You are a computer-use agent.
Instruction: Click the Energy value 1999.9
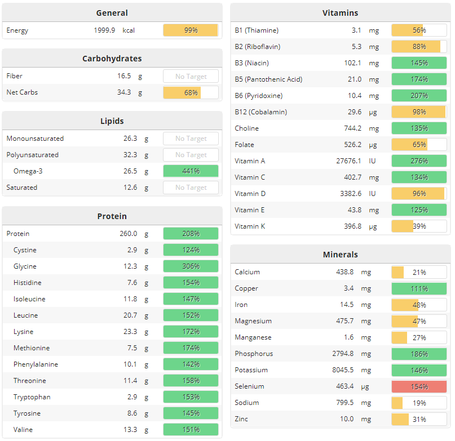coord(104,30)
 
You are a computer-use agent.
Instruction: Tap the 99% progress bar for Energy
coord(191,30)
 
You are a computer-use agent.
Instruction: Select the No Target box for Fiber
coord(191,77)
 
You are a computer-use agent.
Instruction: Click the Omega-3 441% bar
coord(191,171)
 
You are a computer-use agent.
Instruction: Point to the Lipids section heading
coord(112,121)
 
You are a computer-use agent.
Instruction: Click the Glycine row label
coord(25,266)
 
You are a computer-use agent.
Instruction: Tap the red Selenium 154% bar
coord(419,387)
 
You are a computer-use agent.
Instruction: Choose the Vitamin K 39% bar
coord(419,226)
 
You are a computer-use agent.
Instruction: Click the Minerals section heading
coord(340,255)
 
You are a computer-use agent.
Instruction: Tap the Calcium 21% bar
coord(419,273)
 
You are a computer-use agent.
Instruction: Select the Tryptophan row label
coord(32,397)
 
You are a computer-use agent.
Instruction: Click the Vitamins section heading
coord(340,13)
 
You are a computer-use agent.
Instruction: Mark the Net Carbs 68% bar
coord(191,92)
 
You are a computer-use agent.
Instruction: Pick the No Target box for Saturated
coord(191,188)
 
